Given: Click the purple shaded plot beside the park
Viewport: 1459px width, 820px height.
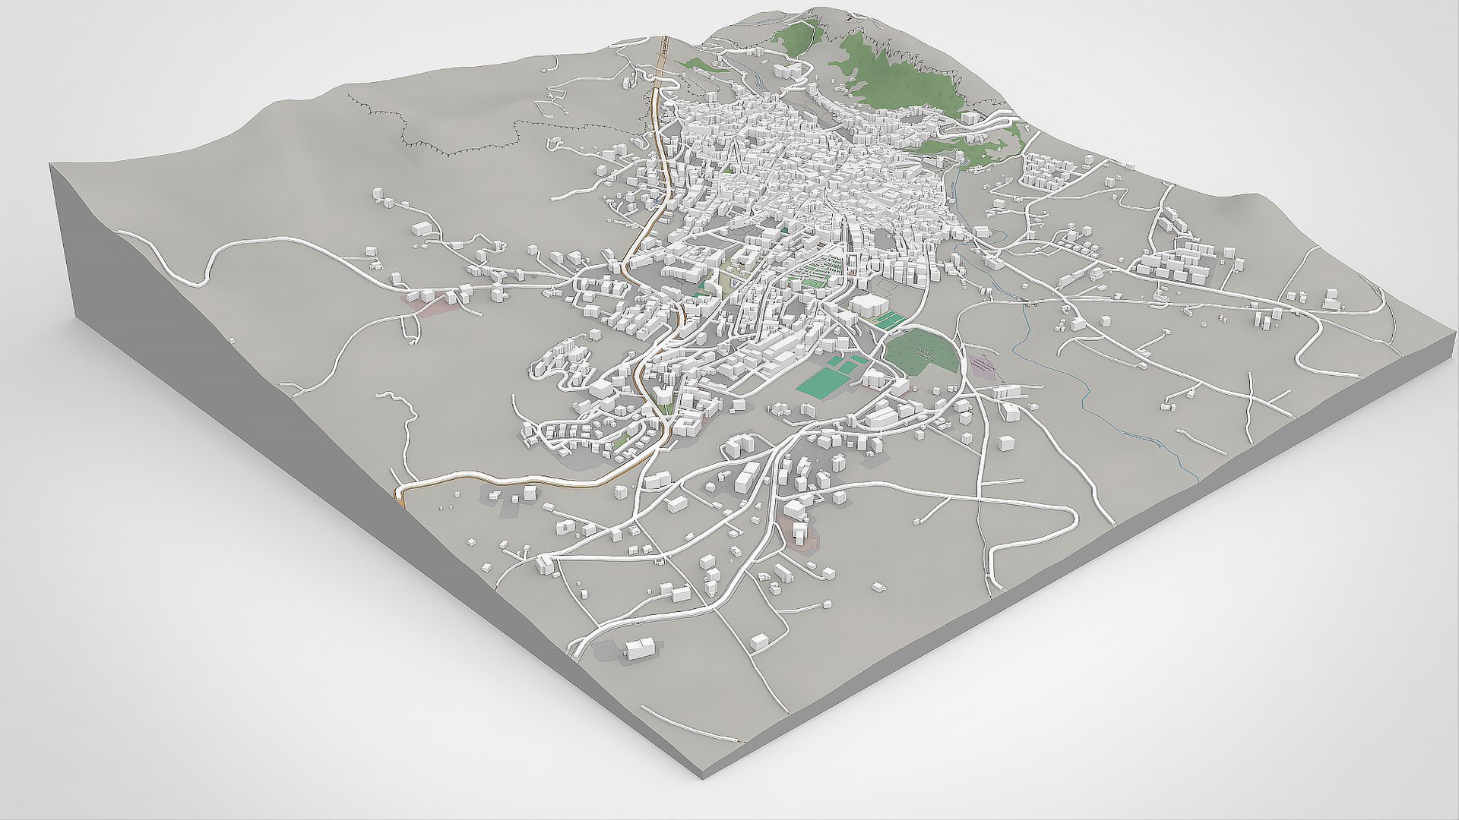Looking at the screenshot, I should [984, 367].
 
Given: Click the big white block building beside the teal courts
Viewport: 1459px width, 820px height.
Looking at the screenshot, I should [869, 307].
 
